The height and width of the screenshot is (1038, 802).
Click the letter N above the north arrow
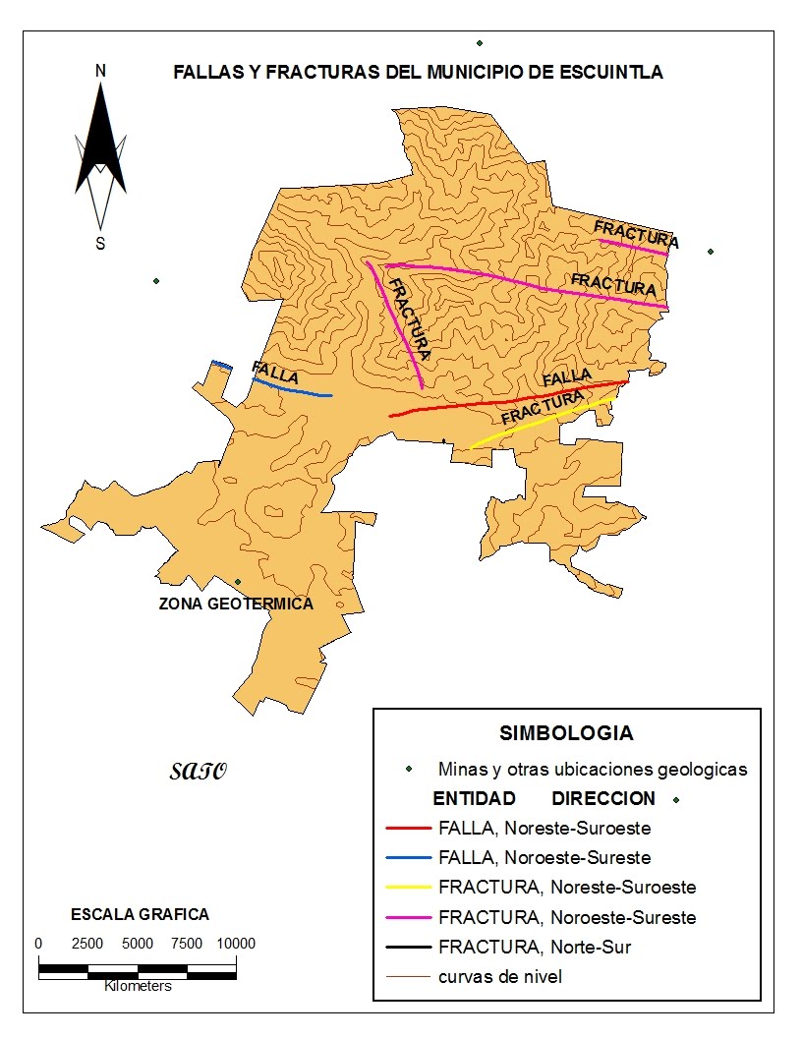[x=100, y=71]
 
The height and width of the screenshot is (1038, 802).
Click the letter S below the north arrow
[x=100, y=244]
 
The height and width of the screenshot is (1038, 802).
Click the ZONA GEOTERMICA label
[x=236, y=604]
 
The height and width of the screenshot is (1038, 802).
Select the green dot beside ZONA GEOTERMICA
[x=237, y=582]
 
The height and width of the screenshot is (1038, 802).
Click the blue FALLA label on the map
[x=275, y=372]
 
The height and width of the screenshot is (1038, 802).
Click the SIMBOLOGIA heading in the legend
[x=566, y=733]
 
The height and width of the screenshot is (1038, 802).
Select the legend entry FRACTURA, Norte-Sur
[x=535, y=948]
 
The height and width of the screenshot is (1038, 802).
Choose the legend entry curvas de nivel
[x=499, y=976]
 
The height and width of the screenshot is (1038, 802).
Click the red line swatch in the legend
[x=410, y=829]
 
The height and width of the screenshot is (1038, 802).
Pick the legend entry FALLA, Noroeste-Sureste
[x=544, y=857]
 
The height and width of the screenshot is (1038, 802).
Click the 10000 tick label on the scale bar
[x=236, y=944]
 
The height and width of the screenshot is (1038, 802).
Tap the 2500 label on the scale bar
[x=87, y=944]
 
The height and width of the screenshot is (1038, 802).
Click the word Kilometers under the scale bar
[x=138, y=985]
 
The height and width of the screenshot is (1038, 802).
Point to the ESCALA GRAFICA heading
[x=140, y=914]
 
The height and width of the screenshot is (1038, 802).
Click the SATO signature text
[x=198, y=770]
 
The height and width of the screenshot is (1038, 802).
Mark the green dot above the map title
[x=480, y=43]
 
